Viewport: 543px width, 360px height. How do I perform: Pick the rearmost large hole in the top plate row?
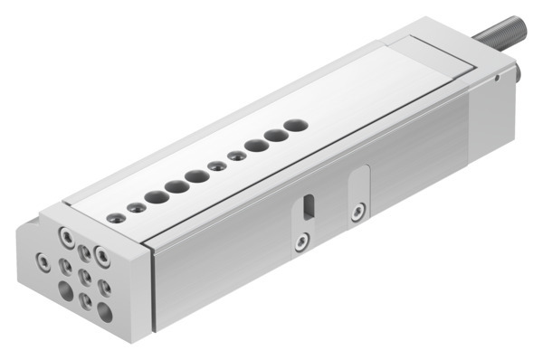(x=294, y=125)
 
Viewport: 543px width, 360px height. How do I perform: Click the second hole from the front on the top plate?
(x=136, y=207)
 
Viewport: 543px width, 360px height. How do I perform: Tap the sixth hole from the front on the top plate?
(x=216, y=166)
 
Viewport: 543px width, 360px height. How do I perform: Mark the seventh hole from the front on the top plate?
(x=236, y=156)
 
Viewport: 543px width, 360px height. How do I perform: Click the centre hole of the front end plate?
(x=85, y=275)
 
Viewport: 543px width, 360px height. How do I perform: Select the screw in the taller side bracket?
(x=358, y=213)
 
